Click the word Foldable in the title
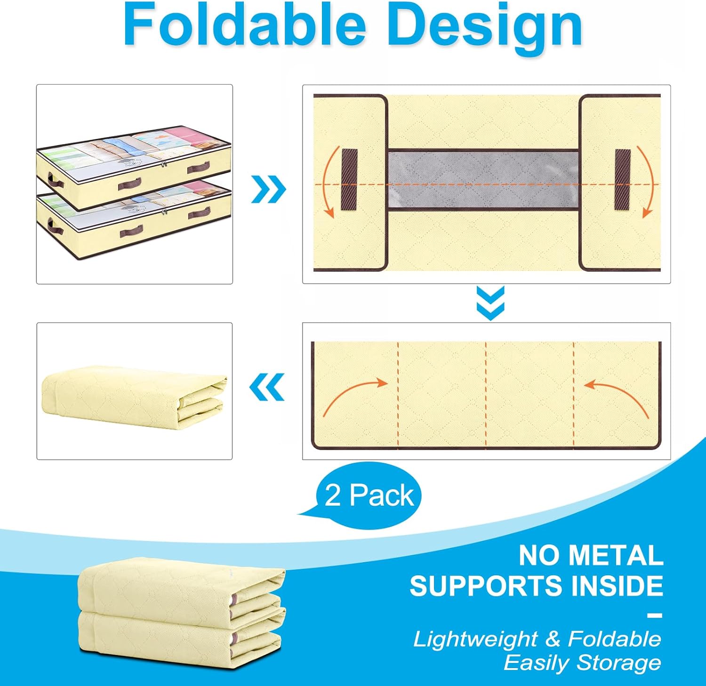click(245, 26)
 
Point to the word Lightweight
click(475, 639)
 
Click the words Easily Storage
click(582, 663)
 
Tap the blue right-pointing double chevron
click(269, 189)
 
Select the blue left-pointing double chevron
click(267, 387)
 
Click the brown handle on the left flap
click(349, 179)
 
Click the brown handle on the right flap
click(623, 179)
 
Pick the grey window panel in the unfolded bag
click(483, 179)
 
